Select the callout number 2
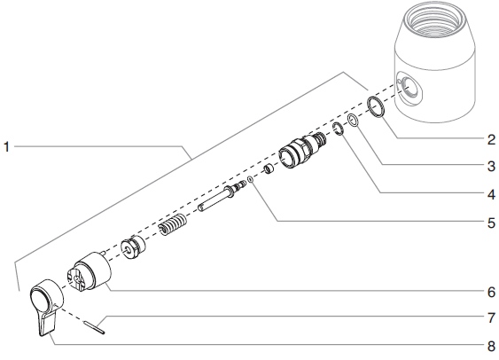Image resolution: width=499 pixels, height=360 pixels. coord(490,138)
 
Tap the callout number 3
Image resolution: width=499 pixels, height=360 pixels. coord(490,165)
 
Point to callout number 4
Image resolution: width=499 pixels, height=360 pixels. coord(490,192)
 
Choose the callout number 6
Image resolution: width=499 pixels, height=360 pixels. coord(490,291)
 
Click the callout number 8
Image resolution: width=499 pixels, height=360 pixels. coord(490,346)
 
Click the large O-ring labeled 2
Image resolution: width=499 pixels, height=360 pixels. coord(375,108)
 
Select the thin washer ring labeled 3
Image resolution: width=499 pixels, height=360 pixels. coord(353,121)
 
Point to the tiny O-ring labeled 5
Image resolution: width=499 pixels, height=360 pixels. coord(251,178)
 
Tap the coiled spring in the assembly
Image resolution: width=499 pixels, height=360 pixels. coord(174,230)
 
